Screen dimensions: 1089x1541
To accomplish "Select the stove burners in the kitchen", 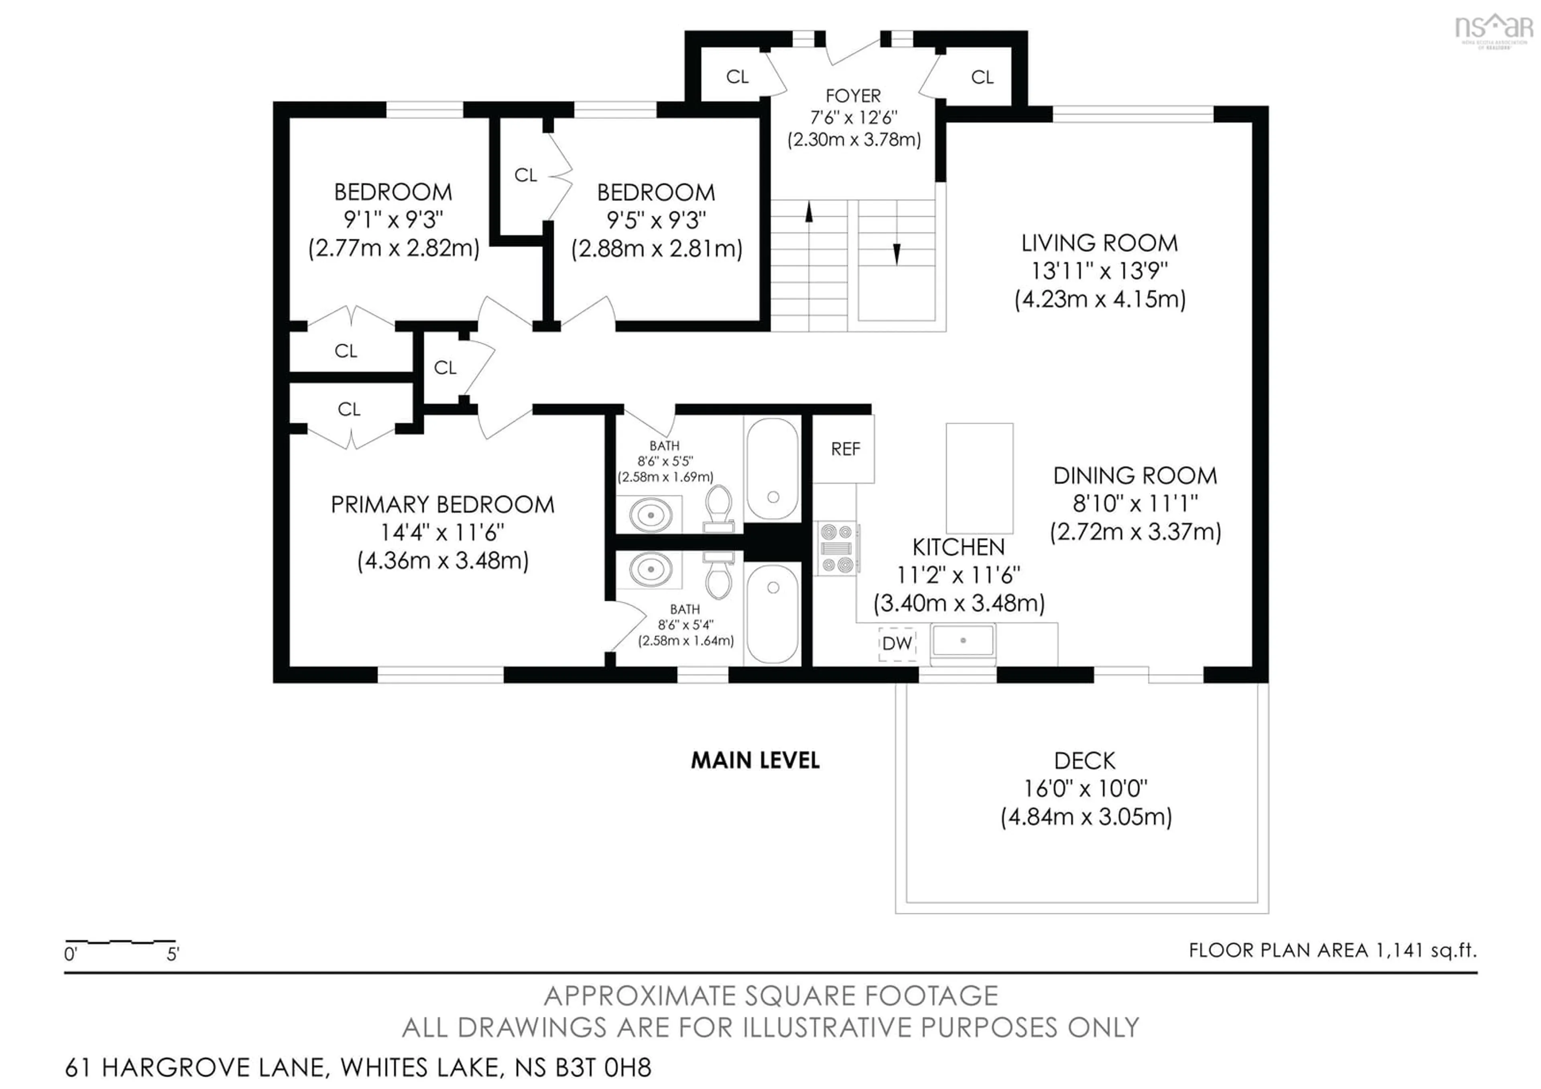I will point(836,548).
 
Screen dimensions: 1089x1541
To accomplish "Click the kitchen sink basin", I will point(962,641).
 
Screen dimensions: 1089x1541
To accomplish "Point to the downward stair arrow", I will point(896,254).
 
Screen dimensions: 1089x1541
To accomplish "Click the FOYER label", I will point(853,96).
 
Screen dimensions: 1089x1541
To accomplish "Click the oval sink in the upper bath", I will point(651,515).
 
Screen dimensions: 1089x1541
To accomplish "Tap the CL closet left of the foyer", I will point(737,77).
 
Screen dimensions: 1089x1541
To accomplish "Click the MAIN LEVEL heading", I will point(755,760).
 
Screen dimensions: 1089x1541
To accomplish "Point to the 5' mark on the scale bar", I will point(173,953).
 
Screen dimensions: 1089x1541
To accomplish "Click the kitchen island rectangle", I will point(979,478).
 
